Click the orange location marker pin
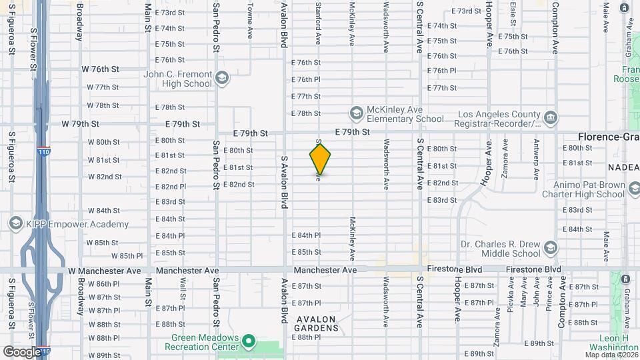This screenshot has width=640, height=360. coord(320,158)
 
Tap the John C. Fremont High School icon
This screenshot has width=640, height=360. coord(222,79)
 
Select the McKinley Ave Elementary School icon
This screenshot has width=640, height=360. coord(356,112)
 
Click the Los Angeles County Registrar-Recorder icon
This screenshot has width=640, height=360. coord(551,119)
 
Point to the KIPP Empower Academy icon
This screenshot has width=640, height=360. coord(14,223)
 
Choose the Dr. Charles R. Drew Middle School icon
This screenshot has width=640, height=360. coord(551,248)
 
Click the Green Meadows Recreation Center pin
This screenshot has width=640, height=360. coord(249,342)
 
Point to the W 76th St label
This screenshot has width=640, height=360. coord(100,69)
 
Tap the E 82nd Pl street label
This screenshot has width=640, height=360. coord(170,187)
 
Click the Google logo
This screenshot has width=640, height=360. coord(22,351)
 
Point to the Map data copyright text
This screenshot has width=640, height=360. coord(611,354)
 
